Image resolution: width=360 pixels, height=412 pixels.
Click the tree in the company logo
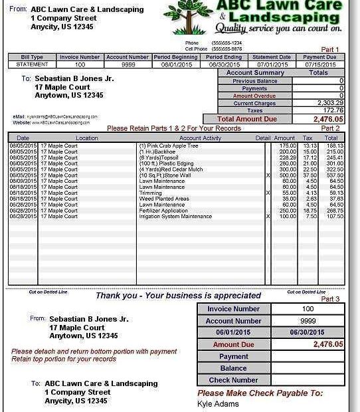point(189,16)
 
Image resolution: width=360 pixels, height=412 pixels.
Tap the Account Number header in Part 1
point(128,58)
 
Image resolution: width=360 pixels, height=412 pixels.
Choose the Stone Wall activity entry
point(159,175)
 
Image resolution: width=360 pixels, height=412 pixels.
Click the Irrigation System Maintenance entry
point(175,217)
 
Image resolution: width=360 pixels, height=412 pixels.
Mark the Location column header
point(87,138)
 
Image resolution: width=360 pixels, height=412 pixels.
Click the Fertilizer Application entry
point(163,211)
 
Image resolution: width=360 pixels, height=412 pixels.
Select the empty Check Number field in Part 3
point(308,380)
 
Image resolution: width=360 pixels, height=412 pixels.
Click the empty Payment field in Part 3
point(308,356)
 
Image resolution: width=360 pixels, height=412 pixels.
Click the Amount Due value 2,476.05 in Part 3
point(328,344)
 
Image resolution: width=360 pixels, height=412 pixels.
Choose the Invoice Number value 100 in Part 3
point(308,309)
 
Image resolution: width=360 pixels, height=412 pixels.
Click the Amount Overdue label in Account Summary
point(255,96)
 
